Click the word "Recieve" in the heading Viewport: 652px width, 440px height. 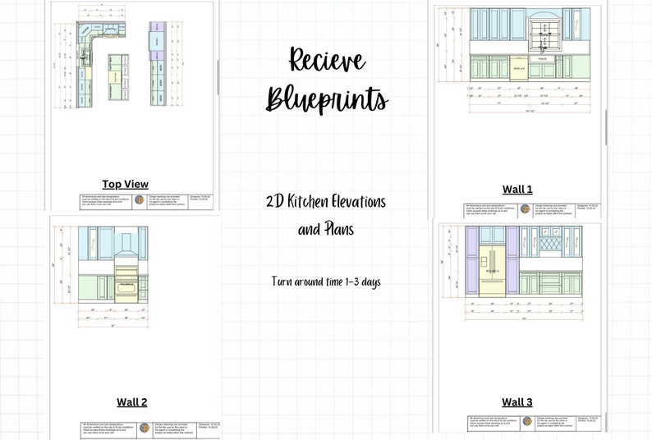coord(326,60)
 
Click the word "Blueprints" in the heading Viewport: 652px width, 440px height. coord(327,99)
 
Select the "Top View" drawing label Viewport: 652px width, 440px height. coord(125,184)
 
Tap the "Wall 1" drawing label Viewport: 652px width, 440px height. coord(517,190)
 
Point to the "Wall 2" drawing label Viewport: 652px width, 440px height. coord(131,401)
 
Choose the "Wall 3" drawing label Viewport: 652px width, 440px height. coord(517,401)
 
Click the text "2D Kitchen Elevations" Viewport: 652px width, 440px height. coord(326,202)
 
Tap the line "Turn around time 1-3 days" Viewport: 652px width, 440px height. coord(326,282)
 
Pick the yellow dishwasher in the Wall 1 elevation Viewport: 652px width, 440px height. coord(518,68)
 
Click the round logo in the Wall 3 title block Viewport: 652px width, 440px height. coord(526,421)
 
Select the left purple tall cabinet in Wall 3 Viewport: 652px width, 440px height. coord(472,261)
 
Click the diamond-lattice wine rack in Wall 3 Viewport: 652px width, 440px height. coord(548,242)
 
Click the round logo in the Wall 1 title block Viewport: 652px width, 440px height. coord(526,209)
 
